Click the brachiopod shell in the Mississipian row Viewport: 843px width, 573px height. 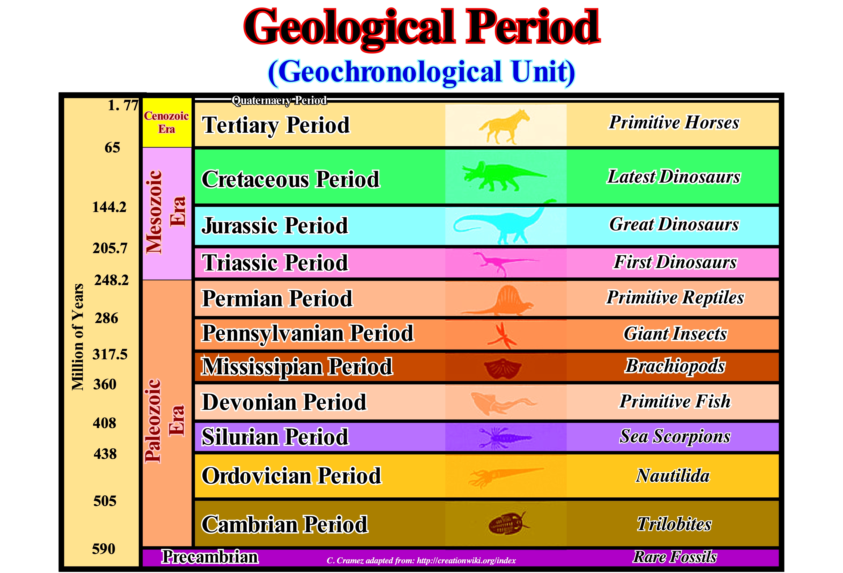[x=503, y=368]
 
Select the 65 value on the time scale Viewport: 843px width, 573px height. [x=112, y=148]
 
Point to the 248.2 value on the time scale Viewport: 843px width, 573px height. [x=111, y=280]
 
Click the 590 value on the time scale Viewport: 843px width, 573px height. [x=104, y=549]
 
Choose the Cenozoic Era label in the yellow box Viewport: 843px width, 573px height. [x=166, y=122]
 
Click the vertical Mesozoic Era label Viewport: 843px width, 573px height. [x=165, y=212]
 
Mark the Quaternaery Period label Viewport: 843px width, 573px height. [x=279, y=100]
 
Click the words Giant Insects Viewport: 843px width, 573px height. [x=675, y=334]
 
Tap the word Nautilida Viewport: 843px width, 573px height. [x=673, y=476]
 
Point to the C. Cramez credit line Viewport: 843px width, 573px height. [x=421, y=561]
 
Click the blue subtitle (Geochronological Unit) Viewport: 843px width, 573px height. [x=421, y=72]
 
